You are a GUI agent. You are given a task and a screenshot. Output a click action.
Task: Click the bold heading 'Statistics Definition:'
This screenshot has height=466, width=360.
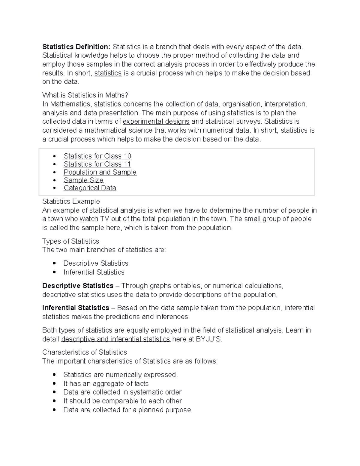76,47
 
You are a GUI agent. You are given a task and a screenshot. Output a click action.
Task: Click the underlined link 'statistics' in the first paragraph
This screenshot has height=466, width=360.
108,73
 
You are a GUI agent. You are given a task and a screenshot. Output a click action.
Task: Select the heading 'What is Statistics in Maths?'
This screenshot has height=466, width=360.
85,95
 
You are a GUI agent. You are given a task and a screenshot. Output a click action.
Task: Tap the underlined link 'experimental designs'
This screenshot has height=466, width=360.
156,122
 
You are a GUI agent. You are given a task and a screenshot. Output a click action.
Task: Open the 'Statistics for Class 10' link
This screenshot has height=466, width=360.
97,156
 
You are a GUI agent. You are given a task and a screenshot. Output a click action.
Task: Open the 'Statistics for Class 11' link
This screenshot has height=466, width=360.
97,164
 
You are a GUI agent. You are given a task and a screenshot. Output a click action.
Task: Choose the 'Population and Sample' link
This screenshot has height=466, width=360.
100,172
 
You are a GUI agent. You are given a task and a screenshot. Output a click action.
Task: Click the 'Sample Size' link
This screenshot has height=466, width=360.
83,180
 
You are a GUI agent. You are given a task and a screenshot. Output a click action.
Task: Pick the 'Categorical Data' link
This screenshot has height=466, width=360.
90,188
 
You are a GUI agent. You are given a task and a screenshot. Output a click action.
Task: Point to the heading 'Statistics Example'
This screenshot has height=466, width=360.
71,201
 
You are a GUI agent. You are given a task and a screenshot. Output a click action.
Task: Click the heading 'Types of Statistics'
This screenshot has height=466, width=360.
70,241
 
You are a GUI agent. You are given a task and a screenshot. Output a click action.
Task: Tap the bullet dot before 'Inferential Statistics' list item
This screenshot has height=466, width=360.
54,272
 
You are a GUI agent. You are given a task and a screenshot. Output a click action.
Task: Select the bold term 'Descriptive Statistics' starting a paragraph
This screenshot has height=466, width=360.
78,286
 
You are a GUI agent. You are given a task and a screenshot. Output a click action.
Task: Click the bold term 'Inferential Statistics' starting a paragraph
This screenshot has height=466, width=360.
76,308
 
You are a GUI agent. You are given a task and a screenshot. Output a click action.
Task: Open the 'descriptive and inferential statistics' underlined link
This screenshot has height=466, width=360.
115,339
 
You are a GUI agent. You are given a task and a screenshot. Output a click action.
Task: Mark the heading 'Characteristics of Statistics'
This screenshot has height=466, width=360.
85,352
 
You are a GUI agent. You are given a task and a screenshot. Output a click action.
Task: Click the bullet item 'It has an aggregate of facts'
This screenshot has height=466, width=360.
106,383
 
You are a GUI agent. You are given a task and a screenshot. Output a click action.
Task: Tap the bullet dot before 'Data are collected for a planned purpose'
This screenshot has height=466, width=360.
54,410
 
